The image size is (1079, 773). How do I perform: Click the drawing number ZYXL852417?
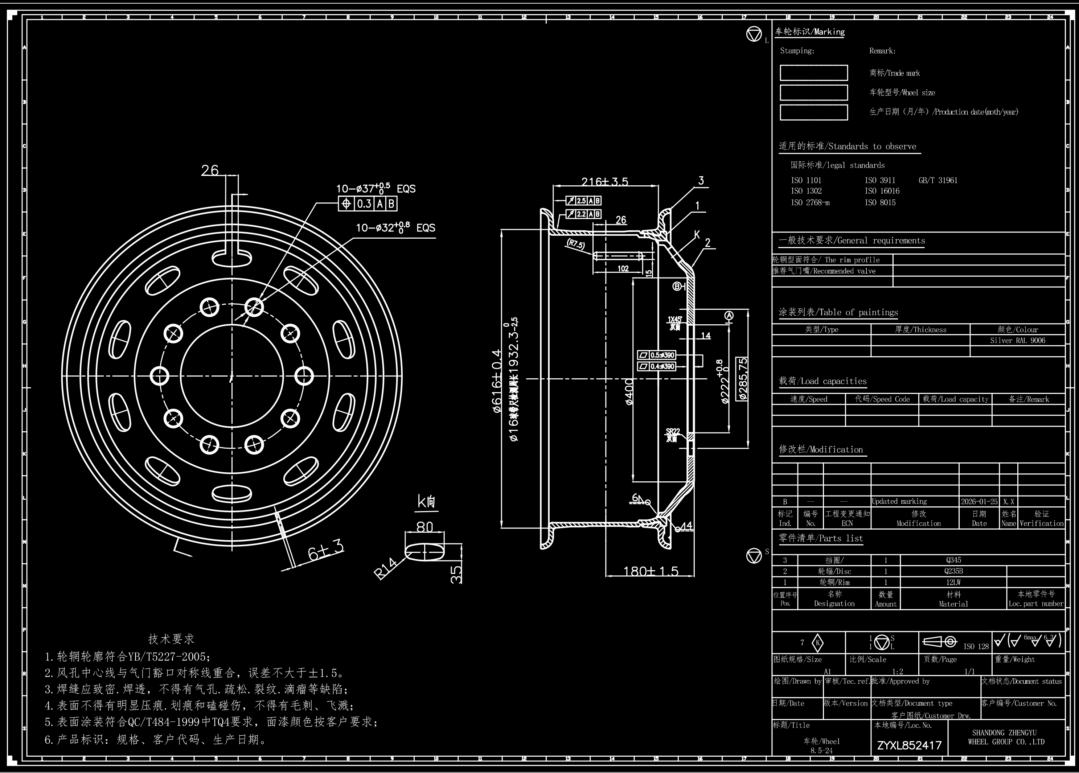[x=909, y=745]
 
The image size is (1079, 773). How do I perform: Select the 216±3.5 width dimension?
[x=605, y=182]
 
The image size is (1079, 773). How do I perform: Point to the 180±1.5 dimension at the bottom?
[x=651, y=571]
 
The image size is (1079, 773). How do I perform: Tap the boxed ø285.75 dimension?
[x=742, y=379]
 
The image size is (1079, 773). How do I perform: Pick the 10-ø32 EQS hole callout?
[x=395, y=228]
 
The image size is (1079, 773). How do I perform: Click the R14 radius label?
[x=385, y=568]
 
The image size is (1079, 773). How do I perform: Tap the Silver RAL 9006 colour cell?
[x=1017, y=341]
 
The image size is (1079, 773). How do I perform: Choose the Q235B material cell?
[x=953, y=571]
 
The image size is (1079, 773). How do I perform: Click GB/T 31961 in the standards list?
[x=938, y=180]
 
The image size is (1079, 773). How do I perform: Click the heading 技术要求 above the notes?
[x=171, y=639]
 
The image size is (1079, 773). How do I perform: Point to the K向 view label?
[x=426, y=501]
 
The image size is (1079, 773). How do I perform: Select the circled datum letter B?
[x=677, y=286]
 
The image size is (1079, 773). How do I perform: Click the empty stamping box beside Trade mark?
[x=813, y=73]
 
